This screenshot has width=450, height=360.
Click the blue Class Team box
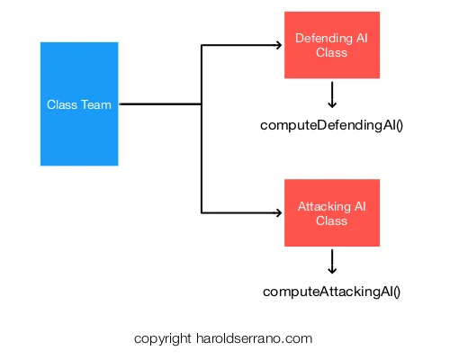pyautogui.click(x=79, y=103)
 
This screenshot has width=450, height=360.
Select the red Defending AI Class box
pyautogui.click(x=332, y=45)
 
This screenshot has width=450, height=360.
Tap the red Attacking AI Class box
pyautogui.click(x=332, y=212)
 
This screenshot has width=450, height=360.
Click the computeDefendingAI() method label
pyautogui.click(x=331, y=125)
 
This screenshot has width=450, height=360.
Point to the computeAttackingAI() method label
pyautogui.click(x=331, y=292)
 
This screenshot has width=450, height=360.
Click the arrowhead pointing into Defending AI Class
pyautogui.click(x=279, y=45)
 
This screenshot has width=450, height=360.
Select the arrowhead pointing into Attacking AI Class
pyautogui.click(x=279, y=212)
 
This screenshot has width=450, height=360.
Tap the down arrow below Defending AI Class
pyautogui.click(x=332, y=94)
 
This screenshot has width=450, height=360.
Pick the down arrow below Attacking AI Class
pyautogui.click(x=332, y=262)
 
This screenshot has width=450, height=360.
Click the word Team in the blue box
pyautogui.click(x=96, y=104)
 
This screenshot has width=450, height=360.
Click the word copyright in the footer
pyautogui.click(x=162, y=339)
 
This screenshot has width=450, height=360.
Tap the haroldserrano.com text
pyautogui.click(x=255, y=338)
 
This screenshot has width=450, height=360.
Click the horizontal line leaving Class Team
pyautogui.click(x=160, y=104)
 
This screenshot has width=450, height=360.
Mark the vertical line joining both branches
pyautogui.click(x=202, y=129)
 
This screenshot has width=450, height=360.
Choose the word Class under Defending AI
pyautogui.click(x=331, y=52)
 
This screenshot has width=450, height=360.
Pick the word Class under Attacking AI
pyautogui.click(x=331, y=220)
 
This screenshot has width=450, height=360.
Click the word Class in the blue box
pyautogui.click(x=62, y=104)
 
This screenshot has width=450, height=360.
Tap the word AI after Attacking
pyautogui.click(x=360, y=206)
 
